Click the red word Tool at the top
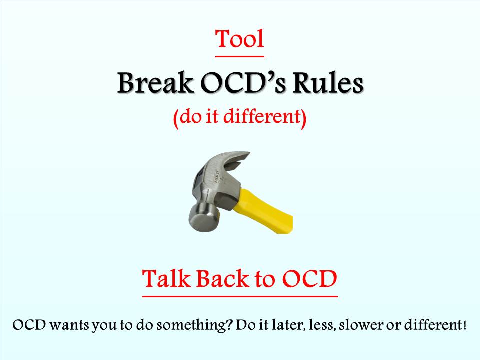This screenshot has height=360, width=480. tap(240, 39)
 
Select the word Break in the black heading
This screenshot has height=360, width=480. tap(155, 83)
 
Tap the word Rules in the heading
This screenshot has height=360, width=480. tap(328, 83)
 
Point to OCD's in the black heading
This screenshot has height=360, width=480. tap(243, 83)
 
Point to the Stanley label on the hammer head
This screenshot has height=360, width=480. tap(217, 177)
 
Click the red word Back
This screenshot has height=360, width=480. tap(223, 278)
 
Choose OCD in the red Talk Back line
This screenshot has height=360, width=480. tap(309, 278)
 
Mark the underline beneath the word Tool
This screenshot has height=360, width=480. tap(240, 56)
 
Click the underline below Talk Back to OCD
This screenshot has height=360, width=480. tap(240, 296)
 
